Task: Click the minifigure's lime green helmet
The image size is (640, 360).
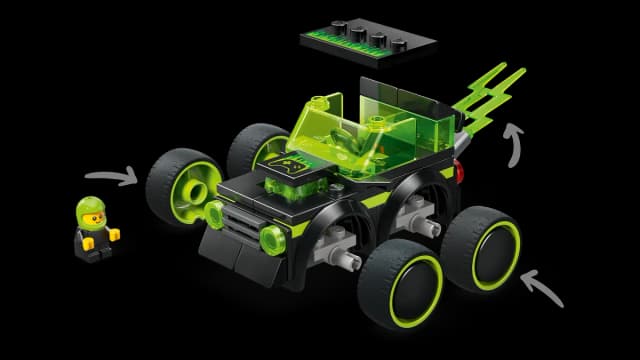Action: click(91, 207)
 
